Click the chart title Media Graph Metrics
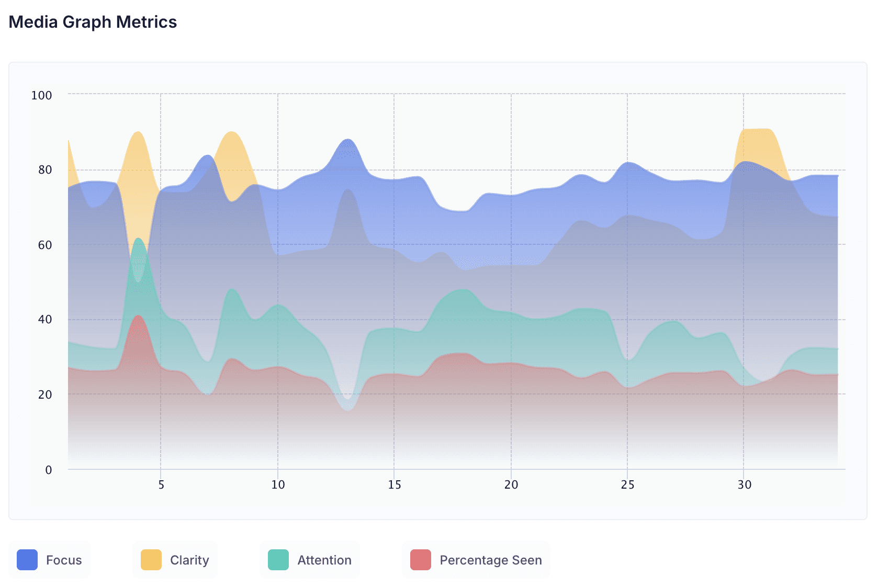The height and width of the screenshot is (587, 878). point(93,22)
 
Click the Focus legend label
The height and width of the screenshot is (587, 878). point(64,560)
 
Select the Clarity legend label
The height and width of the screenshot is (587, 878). point(189,560)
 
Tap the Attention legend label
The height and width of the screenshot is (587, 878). point(324,560)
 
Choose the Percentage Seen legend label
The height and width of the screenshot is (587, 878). point(491,560)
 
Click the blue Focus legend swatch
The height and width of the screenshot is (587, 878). point(27,560)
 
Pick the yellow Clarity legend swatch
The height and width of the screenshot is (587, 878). point(151,560)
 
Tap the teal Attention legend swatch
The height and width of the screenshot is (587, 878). point(278,560)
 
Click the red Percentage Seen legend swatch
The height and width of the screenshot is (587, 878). point(421,560)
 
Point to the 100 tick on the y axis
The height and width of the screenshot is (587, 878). point(42,95)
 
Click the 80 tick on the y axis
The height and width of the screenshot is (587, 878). point(45,170)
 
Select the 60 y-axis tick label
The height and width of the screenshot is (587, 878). point(45,245)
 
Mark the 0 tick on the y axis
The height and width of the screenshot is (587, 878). point(49,470)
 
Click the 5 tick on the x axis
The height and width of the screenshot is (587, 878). point(161,485)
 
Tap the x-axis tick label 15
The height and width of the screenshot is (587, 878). point(395,485)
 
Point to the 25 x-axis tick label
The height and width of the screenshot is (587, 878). point(628,485)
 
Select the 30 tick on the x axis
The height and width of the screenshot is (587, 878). point(745,485)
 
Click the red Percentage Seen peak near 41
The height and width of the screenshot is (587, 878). point(138,316)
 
